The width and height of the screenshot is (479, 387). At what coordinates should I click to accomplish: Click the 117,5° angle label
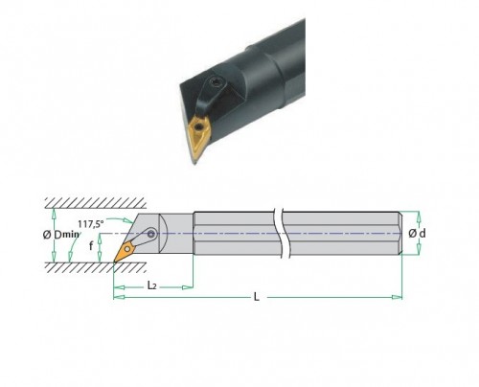91,223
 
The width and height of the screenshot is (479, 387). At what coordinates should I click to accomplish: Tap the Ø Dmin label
60,235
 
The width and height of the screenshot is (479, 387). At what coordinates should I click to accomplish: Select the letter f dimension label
91,246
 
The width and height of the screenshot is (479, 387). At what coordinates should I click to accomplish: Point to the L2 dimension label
151,285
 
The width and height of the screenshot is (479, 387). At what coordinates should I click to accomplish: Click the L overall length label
256,297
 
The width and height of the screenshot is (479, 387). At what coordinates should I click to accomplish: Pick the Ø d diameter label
417,234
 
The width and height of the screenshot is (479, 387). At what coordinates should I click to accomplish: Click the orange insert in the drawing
125,251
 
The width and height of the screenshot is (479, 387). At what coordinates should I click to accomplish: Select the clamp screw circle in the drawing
151,235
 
